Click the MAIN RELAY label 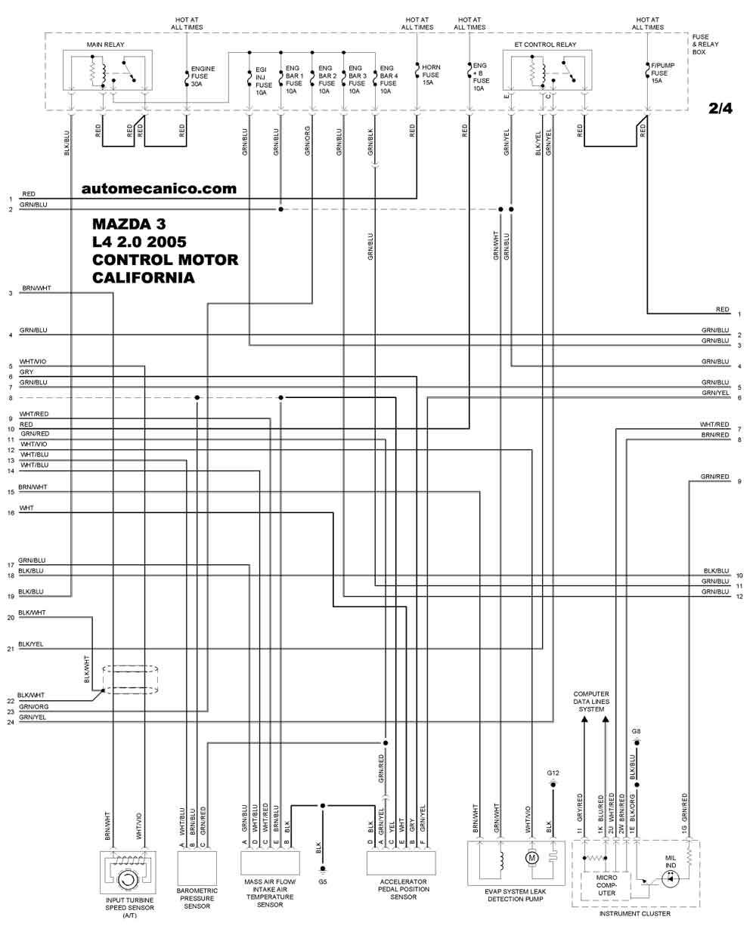pos(105,45)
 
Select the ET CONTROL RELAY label pos(545,45)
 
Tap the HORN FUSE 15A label pos(431,75)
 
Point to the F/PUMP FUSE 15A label pos(662,73)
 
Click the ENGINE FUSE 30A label pos(203,76)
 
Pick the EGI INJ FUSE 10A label pos(263,81)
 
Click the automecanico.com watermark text pos(159,188)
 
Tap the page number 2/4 pos(720,108)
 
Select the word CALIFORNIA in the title pos(143,277)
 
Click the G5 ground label pos(323,881)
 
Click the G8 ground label pos(636,731)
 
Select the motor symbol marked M pos(531,858)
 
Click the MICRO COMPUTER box pos(606,885)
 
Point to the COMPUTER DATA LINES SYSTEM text pos(591,702)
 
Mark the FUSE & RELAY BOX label pos(705,44)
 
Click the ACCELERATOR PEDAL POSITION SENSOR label pos(403,889)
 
